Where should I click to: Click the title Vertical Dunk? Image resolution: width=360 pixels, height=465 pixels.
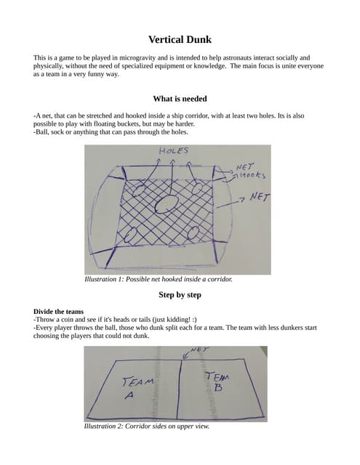[180, 39]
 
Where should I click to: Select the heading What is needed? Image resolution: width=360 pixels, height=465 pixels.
[180, 99]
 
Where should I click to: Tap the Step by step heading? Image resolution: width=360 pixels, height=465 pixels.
[180, 295]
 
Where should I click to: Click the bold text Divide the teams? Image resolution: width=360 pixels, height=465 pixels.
[58, 312]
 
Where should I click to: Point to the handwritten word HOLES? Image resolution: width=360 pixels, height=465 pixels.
[174, 150]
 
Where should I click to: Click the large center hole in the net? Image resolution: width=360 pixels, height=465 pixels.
[167, 204]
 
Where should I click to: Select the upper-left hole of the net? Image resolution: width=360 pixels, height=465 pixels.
[138, 190]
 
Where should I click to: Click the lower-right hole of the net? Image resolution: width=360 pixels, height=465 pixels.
[193, 232]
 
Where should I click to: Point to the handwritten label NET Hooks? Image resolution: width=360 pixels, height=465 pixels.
[250, 171]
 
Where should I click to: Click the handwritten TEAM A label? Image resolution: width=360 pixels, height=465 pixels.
[136, 387]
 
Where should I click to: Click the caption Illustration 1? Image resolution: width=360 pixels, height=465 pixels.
[159, 279]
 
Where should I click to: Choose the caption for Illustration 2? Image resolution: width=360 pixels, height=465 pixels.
[147, 426]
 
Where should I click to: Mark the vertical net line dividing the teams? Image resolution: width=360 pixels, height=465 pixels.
[179, 389]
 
